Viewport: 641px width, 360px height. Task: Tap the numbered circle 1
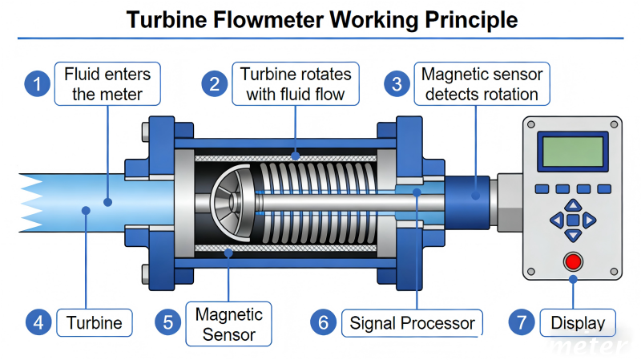coord(37,83)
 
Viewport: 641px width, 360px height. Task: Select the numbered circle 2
coord(213,83)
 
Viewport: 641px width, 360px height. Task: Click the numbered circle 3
coord(396,83)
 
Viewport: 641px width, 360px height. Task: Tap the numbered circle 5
coord(168,323)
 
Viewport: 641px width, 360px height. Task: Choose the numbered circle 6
coord(323,323)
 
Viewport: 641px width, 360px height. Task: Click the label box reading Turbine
coord(94,323)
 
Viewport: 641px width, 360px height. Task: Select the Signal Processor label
coord(413,323)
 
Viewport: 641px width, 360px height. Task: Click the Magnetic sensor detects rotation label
coord(482,84)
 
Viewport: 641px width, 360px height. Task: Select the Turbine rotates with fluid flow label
coord(296,84)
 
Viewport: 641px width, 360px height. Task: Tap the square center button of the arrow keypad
coord(572,220)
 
